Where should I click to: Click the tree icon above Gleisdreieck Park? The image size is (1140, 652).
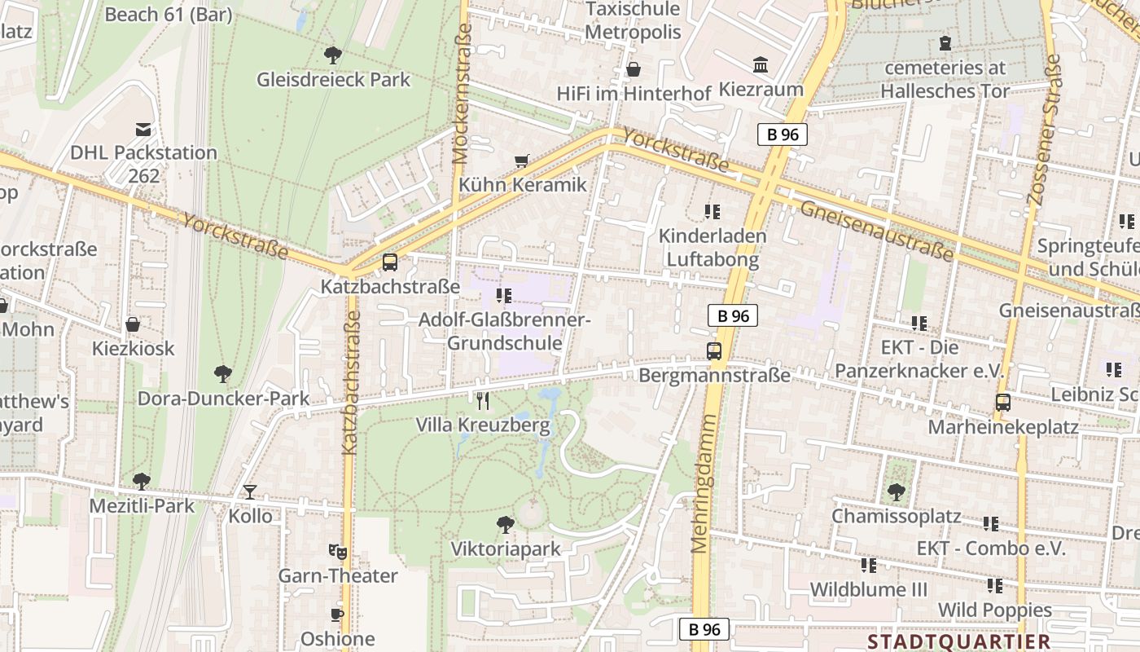332,55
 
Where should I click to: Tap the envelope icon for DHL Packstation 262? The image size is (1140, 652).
143,129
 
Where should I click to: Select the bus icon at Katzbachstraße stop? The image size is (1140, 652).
390,262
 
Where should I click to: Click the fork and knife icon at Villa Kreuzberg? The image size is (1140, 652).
483,400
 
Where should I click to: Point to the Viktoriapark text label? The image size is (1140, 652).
506,549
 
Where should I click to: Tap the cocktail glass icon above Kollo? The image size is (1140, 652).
249,491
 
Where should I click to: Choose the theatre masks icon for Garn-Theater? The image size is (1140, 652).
337,552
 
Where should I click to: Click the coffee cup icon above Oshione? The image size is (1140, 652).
337,615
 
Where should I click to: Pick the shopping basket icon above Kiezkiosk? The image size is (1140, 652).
133,324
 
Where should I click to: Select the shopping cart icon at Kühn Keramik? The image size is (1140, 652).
522,161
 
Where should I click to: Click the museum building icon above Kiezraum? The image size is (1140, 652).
761,65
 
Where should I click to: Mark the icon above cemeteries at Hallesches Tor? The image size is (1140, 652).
945,42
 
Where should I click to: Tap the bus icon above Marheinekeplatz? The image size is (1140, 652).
1003,403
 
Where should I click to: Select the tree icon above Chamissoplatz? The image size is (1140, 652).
896,492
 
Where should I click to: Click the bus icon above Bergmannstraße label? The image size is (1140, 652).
714,351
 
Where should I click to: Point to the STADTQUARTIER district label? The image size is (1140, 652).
958,641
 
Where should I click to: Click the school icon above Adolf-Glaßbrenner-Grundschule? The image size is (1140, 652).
503,295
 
